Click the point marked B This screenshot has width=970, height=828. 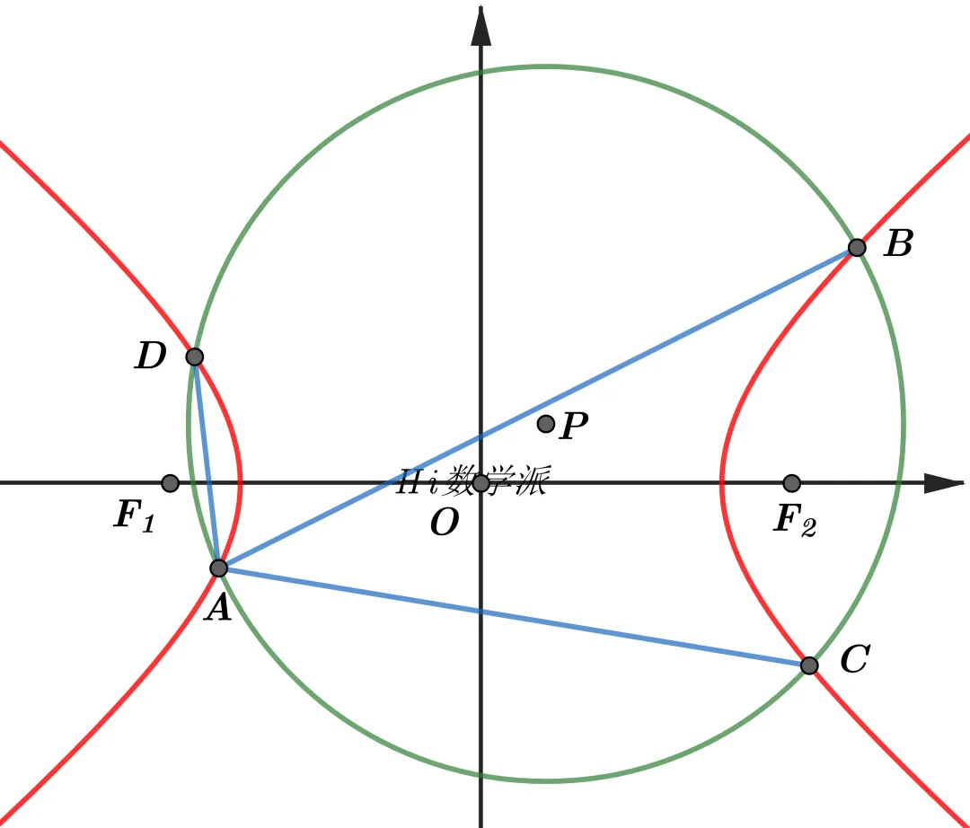pyautogui.click(x=857, y=247)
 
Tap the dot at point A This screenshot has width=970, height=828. pyautogui.click(x=219, y=568)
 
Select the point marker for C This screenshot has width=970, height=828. pyautogui.click(x=809, y=665)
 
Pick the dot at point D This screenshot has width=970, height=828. pyautogui.click(x=194, y=357)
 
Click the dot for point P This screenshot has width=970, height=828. pyautogui.click(x=546, y=424)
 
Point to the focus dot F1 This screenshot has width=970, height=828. pyautogui.click(x=170, y=483)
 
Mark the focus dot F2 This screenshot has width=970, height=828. pyautogui.click(x=792, y=483)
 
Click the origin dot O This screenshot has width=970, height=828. pyautogui.click(x=481, y=483)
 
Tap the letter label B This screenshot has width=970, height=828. pyautogui.click(x=899, y=243)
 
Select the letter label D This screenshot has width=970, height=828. pyautogui.click(x=150, y=356)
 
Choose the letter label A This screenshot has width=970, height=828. pyautogui.click(x=219, y=608)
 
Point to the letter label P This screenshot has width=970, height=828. pyautogui.click(x=573, y=426)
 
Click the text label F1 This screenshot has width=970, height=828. pyautogui.click(x=134, y=515)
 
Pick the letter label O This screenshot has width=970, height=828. pyautogui.click(x=445, y=523)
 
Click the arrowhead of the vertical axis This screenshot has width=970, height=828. pyautogui.click(x=481, y=25)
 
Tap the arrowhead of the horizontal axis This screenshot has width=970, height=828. pyautogui.click(x=944, y=483)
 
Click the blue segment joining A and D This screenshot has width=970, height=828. pyautogui.click(x=207, y=462)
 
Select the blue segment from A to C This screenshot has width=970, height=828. pyautogui.click(x=514, y=617)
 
